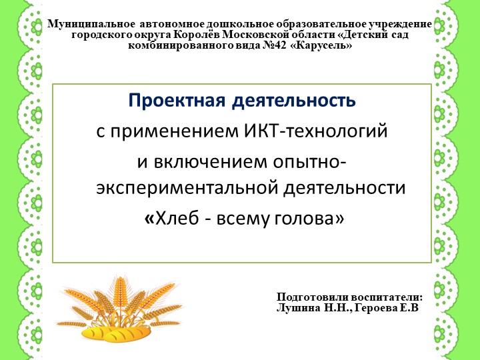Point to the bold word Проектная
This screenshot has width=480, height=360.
[x=176, y=102]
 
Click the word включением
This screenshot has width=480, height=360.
[x=200, y=161]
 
